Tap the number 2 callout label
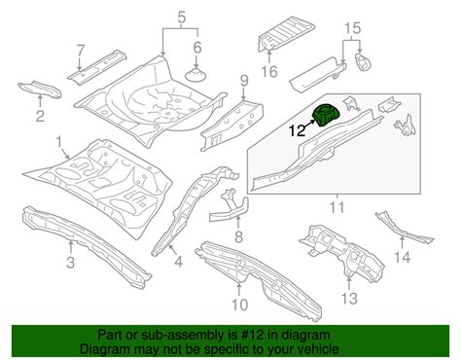click(39, 119)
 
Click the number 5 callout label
click(180, 16)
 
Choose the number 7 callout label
click(82, 49)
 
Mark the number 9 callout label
click(244, 80)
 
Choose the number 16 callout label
click(271, 69)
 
